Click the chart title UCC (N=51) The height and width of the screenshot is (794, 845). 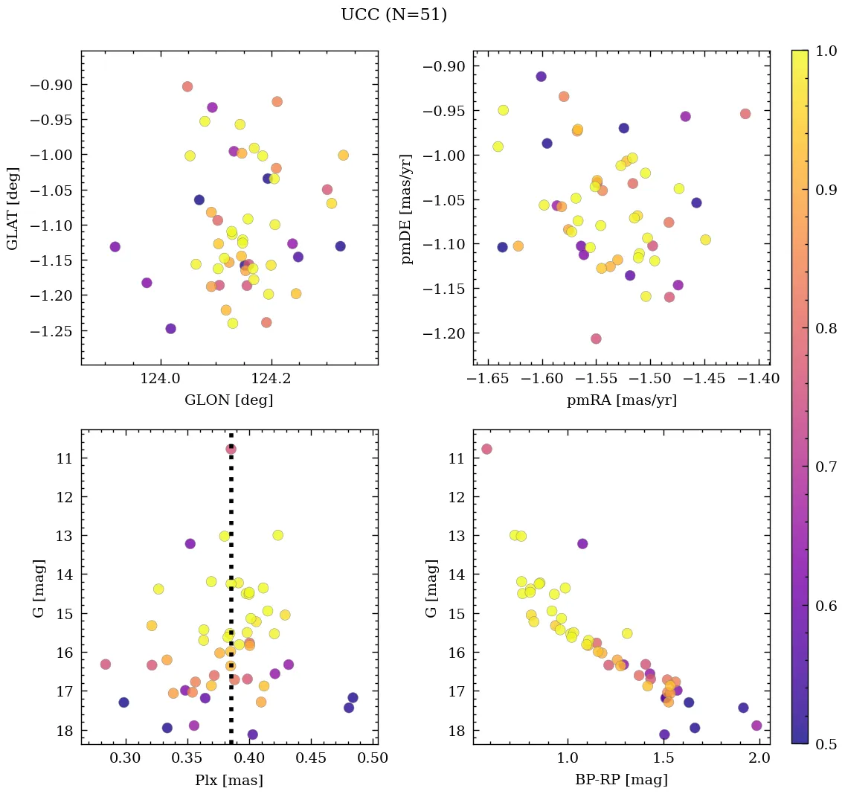(393, 15)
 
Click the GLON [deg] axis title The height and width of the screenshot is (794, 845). (229, 400)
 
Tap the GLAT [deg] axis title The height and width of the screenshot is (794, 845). (13, 208)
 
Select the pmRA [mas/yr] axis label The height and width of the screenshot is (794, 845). (622, 400)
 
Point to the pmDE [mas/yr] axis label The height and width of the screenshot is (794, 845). (407, 208)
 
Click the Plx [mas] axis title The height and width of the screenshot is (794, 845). (229, 780)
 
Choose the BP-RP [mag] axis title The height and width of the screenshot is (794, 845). (622, 780)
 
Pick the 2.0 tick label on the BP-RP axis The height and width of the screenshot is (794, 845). (759, 759)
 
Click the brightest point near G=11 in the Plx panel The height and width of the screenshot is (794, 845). (231, 449)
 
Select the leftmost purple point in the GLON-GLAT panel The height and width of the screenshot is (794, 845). (115, 246)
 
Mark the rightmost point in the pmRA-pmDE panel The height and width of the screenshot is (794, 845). (745, 114)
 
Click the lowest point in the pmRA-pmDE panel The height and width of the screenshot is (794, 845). (596, 339)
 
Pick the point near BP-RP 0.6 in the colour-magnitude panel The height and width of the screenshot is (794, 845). (486, 449)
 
